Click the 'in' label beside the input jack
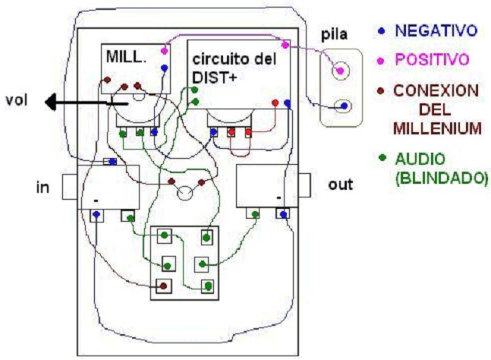pyautogui.click(x=42, y=186)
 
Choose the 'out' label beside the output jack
pyautogui.click(x=339, y=185)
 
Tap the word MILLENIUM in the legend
pyautogui.click(x=436, y=128)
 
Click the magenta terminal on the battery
pyautogui.click(x=341, y=71)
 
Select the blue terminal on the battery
pyautogui.click(x=343, y=106)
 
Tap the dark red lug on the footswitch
pyautogui.click(x=162, y=286)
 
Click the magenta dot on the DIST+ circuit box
pyautogui.click(x=285, y=46)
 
